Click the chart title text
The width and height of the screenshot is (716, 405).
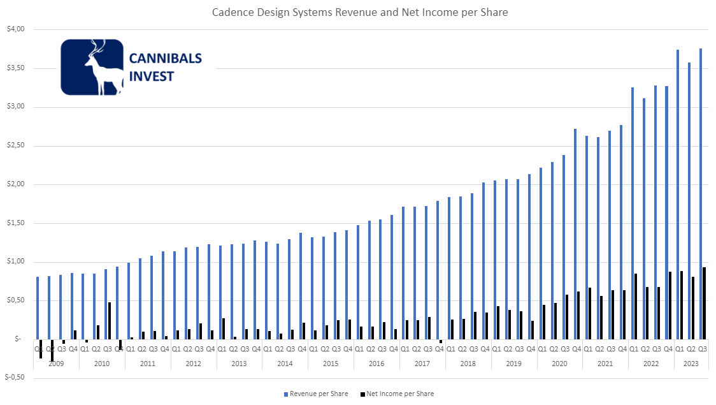[x=360, y=12]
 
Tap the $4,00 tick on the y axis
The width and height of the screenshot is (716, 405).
[x=15, y=29]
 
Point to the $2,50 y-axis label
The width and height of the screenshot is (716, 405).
[x=15, y=146]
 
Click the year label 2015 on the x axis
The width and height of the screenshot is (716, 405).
[x=331, y=363]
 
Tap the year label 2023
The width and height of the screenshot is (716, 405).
[x=691, y=363]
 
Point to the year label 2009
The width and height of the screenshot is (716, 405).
[x=56, y=363]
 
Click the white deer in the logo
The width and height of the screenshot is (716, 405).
[x=103, y=69]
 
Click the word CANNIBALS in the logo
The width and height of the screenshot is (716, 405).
[x=166, y=59]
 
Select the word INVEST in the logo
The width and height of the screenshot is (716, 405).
[x=152, y=77]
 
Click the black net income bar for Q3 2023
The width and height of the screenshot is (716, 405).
[x=705, y=303]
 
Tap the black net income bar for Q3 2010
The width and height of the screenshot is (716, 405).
[x=110, y=320]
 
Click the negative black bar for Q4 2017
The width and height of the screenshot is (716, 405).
[x=441, y=341]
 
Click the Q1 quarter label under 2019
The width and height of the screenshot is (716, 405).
[x=497, y=349]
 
